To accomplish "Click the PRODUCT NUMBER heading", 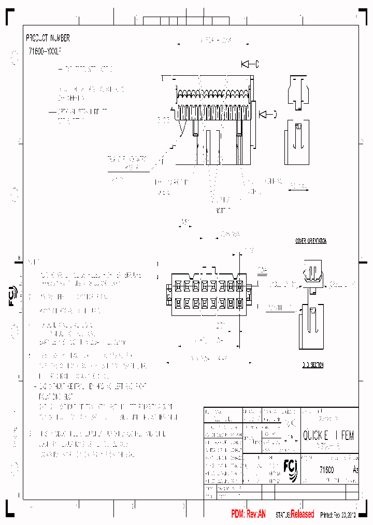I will [x=48, y=38].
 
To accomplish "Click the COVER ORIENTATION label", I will [x=311, y=241].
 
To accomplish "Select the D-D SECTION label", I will [x=312, y=365].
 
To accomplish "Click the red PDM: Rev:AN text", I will [x=248, y=514].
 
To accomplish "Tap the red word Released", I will [x=302, y=514].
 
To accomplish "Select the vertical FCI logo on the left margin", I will [x=13, y=296].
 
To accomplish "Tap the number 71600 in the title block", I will [x=326, y=469].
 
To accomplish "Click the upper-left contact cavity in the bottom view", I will [x=178, y=285].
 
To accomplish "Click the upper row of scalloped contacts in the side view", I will [x=212, y=94].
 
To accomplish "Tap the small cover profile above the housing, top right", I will [x=297, y=93].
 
